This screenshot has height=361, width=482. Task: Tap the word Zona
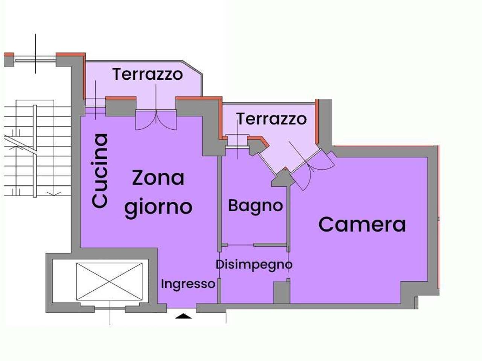click(158, 178)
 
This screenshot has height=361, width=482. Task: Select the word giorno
click(158, 207)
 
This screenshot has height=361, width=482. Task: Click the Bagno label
click(255, 206)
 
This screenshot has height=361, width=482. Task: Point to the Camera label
click(362, 224)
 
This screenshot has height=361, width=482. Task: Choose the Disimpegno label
click(254, 264)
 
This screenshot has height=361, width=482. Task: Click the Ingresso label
click(188, 284)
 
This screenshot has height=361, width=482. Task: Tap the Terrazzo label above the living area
click(148, 74)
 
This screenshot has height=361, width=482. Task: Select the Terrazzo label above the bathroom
click(271, 119)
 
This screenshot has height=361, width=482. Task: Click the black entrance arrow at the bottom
click(184, 316)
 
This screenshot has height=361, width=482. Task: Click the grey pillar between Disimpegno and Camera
click(281, 292)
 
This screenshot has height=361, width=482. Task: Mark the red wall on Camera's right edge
click(439, 218)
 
